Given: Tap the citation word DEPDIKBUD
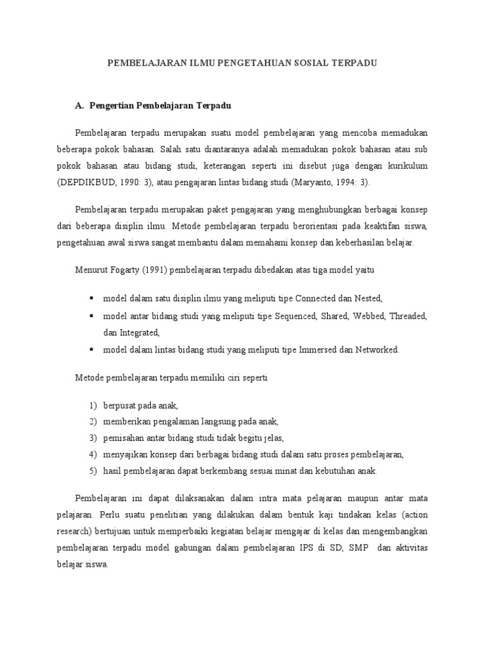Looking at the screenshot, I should click(99, 182).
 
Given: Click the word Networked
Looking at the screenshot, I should click(378, 349).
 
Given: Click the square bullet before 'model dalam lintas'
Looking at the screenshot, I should click(92, 349).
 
